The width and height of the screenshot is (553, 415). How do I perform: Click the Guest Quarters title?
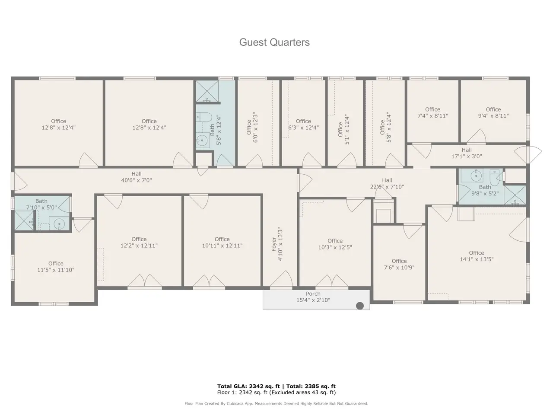[x=274, y=42]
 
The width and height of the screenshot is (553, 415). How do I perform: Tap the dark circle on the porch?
[x=360, y=306]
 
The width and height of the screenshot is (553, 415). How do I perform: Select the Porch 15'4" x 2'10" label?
[x=313, y=297]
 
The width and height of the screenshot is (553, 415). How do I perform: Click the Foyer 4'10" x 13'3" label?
[x=277, y=244]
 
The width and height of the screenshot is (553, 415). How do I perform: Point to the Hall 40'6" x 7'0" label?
[x=137, y=177]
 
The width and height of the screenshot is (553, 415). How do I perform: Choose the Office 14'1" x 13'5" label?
[x=477, y=256]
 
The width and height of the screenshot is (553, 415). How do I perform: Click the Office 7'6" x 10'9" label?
[x=399, y=264]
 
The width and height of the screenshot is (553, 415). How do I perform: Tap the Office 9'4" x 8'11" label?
[x=493, y=113]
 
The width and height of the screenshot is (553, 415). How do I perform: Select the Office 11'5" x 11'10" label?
[x=56, y=267]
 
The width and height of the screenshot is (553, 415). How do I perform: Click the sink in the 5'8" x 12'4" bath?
[x=203, y=140]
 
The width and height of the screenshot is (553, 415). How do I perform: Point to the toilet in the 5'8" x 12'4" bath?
[x=204, y=118]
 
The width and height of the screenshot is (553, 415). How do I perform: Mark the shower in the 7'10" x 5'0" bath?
[x=24, y=220]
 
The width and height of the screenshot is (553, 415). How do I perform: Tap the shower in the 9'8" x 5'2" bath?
[x=515, y=195]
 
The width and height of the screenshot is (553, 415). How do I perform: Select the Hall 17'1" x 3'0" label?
[x=467, y=153]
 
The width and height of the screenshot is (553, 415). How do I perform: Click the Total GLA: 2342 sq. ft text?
[x=249, y=386]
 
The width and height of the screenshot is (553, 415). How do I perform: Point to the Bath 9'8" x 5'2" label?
[x=485, y=190]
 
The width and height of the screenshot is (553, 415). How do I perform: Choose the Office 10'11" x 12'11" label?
[x=222, y=242]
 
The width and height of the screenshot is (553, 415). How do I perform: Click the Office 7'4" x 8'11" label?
[x=432, y=113]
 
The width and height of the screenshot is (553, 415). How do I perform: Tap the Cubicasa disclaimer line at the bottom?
[x=276, y=403]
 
